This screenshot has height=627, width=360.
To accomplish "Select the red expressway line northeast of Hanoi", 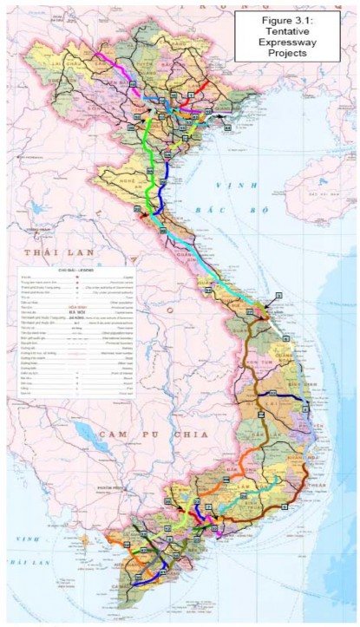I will coord(200,88).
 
